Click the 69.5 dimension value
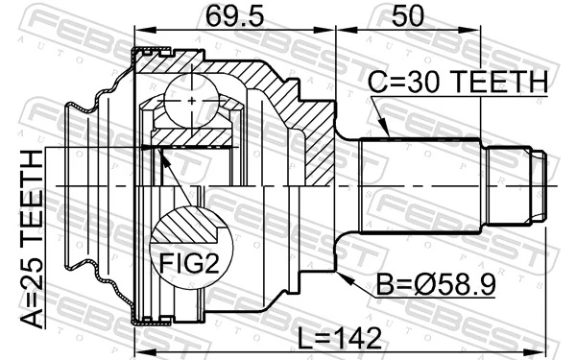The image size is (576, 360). (233, 17)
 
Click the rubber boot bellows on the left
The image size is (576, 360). (82, 182)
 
